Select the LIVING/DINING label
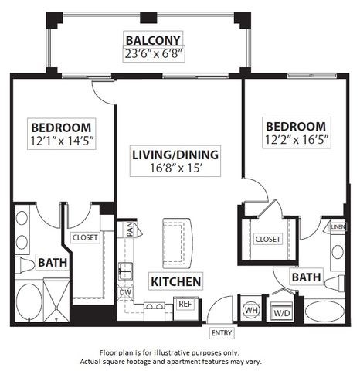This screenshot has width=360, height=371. (x=176, y=154)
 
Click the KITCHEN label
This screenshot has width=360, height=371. (x=176, y=281)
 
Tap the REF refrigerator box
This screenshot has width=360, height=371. (x=185, y=305)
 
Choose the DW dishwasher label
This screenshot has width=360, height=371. (x=124, y=292)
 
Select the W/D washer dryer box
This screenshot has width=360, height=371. (x=280, y=313)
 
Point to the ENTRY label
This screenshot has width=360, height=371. (x=221, y=333)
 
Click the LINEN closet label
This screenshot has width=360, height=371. (x=338, y=227)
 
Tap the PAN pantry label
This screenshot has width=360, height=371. (x=131, y=230)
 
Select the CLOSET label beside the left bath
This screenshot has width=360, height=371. (x=85, y=237)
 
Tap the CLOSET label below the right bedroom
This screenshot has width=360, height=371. (x=267, y=240)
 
